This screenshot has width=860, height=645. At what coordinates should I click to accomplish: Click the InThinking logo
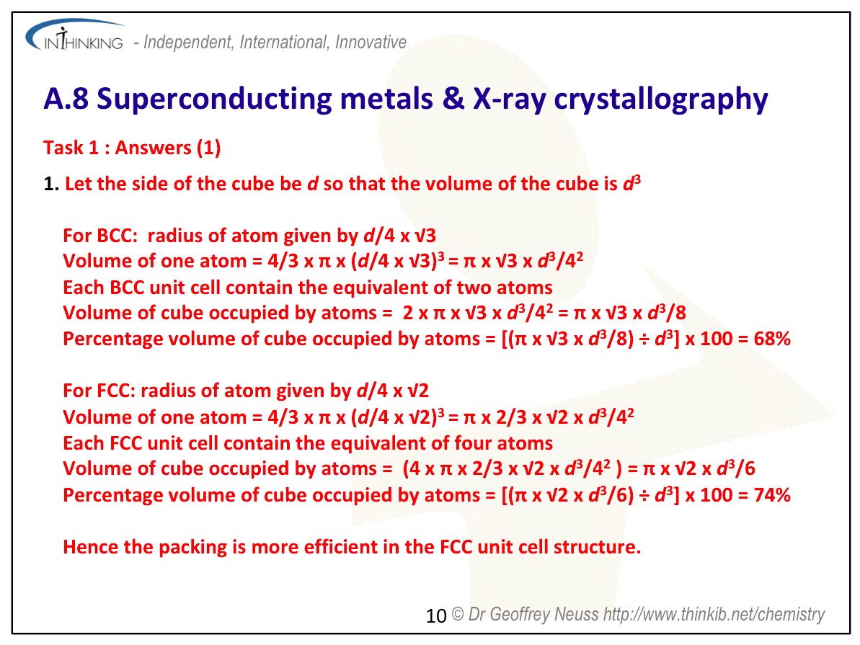coord(75,35)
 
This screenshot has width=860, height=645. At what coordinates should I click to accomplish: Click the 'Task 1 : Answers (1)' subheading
coord(132,148)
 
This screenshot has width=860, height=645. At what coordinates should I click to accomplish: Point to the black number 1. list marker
coord(51,184)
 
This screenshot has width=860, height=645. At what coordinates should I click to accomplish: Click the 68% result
coord(772,339)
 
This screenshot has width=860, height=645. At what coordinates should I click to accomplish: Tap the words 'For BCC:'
coord(100,235)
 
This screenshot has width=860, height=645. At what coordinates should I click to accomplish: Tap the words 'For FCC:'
coord(99,391)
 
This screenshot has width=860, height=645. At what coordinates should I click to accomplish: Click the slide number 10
coord(436,616)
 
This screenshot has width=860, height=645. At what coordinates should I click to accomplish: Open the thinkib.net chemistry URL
coord(714,614)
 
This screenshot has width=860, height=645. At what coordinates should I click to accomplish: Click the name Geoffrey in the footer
coord(520,614)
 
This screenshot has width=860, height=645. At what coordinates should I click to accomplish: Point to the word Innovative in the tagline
coord(371,43)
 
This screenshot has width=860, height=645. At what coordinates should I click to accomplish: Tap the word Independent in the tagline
coord(187,43)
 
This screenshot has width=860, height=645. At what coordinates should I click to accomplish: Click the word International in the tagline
coord(283,43)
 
